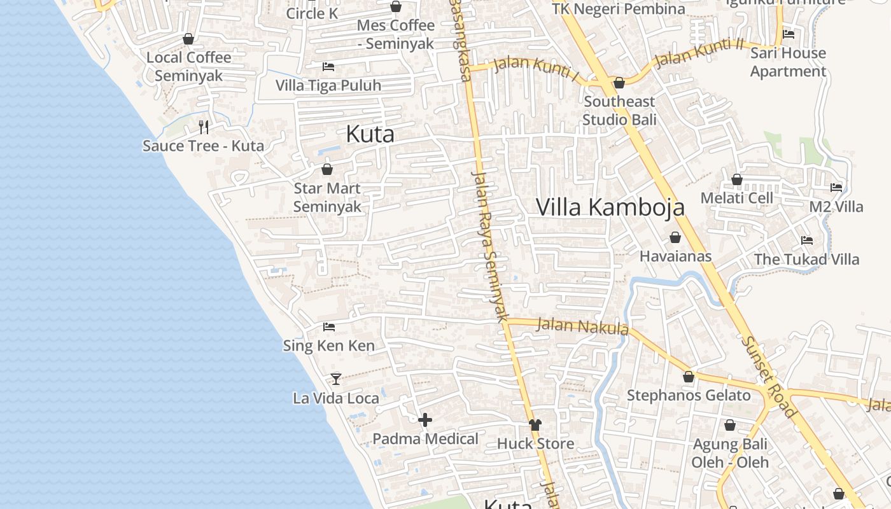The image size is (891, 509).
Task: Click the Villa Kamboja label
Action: [610, 207]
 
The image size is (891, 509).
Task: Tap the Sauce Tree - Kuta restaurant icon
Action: [204, 127]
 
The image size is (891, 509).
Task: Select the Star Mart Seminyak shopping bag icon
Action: [327, 169]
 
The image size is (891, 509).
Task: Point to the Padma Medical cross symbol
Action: [425, 420]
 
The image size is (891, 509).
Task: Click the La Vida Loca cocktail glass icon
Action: [336, 379]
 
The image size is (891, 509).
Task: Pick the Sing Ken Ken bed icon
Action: [329, 327]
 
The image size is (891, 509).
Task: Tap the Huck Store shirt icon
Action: [535, 425]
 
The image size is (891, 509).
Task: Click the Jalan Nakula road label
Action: [582, 326]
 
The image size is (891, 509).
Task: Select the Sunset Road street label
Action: [768, 377]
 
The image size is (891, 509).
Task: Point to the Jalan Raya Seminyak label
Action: [491, 245]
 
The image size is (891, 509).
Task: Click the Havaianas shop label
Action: [675, 256]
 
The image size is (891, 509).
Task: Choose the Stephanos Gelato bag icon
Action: [689, 377]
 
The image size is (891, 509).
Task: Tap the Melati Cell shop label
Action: [736, 198]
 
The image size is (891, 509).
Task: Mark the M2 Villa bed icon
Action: [836, 188]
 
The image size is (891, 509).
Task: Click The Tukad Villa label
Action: [806, 260]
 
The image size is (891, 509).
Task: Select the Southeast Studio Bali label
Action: [619, 111]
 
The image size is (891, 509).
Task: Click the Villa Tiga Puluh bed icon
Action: [328, 67]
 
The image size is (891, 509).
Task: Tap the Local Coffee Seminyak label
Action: [189, 67]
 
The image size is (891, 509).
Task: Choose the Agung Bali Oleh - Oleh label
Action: [730, 453]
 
